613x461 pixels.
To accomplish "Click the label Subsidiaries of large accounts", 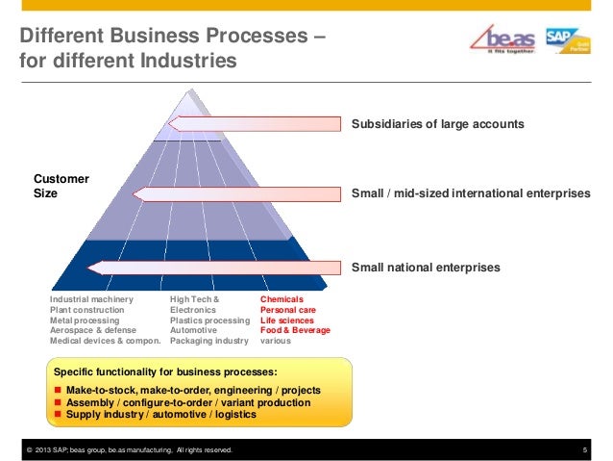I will coord(437,125).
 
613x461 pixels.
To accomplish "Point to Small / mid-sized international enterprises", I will coord(471,194).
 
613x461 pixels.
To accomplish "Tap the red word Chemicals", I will coord(282,301).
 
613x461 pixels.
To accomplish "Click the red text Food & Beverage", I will coord(295,330).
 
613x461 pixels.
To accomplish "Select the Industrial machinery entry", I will coord(91,301).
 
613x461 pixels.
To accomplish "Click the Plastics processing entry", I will coord(208,320).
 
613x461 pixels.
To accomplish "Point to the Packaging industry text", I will coord(208,341).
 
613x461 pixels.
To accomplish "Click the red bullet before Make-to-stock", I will coord(58,391).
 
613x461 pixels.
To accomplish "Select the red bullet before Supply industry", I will coord(58,416).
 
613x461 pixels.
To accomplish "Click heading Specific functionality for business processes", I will coord(165,371).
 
